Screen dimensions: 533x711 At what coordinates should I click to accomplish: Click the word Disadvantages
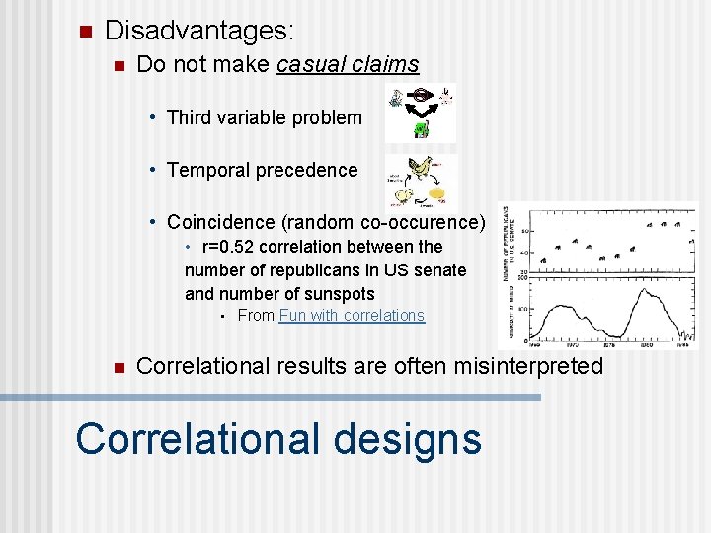coord(197,31)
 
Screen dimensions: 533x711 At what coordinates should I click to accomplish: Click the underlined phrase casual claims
coord(349,65)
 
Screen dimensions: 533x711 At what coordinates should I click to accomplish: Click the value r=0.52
coord(233,247)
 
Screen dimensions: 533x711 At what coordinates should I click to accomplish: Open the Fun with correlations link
coord(352,316)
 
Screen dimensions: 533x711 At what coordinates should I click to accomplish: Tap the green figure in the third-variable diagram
coord(421,129)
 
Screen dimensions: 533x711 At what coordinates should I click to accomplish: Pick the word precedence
coord(312,170)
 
